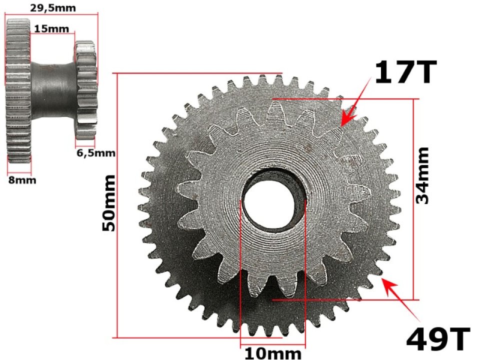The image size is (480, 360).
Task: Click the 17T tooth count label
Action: point(405,72)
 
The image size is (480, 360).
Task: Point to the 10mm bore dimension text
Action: point(272,354)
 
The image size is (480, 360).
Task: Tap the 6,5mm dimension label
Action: point(95,153)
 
